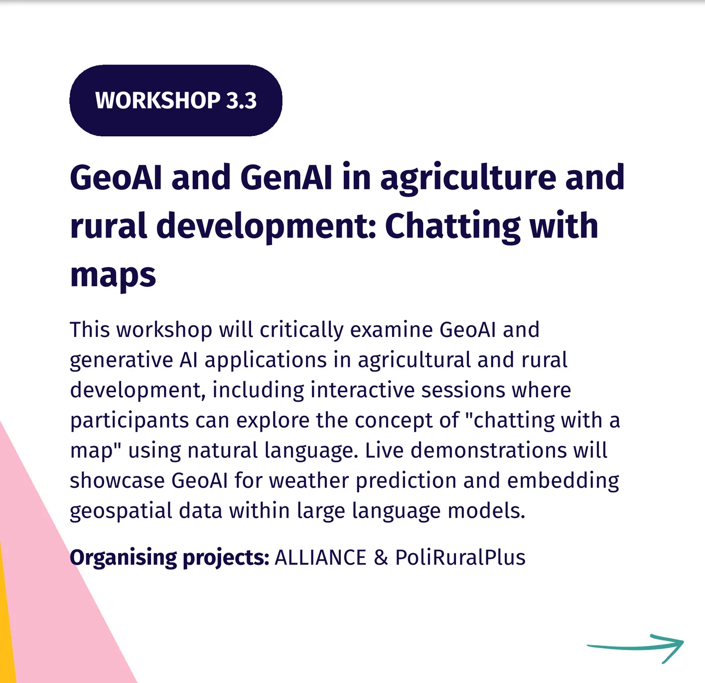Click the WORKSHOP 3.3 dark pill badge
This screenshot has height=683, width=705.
coord(176,100)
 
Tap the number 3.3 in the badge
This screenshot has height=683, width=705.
coord(241,100)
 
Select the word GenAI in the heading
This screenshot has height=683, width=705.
coord(286,177)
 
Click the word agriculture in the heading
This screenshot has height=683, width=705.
coord(468,180)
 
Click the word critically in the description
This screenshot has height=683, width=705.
coord(301,331)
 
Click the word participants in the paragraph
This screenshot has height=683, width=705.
coord(130,421)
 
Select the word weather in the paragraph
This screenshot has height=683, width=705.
coord(309,481)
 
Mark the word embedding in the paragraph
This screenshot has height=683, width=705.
coord(563,481)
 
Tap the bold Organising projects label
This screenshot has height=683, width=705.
coord(169,558)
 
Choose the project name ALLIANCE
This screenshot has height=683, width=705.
coord(320,558)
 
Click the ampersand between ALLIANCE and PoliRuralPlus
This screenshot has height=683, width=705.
coord(381,558)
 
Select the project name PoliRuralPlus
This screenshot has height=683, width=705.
coord(460,558)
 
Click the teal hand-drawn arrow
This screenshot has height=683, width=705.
coord(635,648)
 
